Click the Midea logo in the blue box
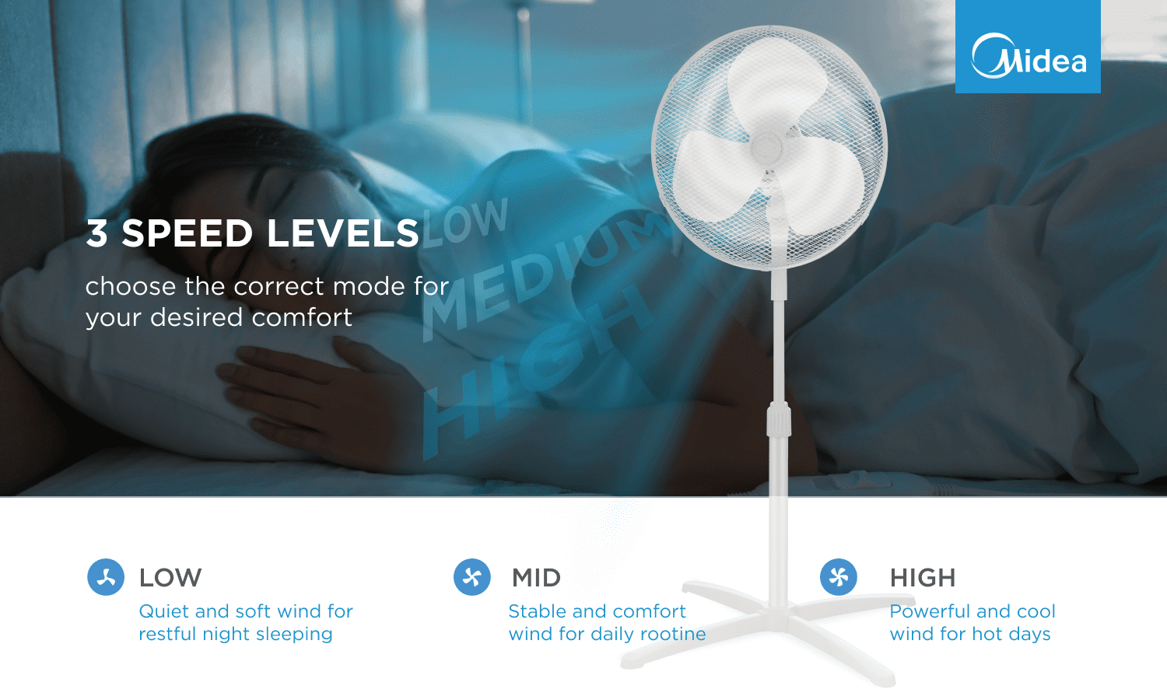1029,55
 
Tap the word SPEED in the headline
187,233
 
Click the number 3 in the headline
97,233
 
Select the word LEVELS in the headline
343,233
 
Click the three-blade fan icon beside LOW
106,577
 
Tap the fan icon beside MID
472,577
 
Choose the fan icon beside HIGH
838,577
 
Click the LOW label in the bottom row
170,578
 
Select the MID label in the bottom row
537,578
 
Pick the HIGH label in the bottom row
923,578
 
